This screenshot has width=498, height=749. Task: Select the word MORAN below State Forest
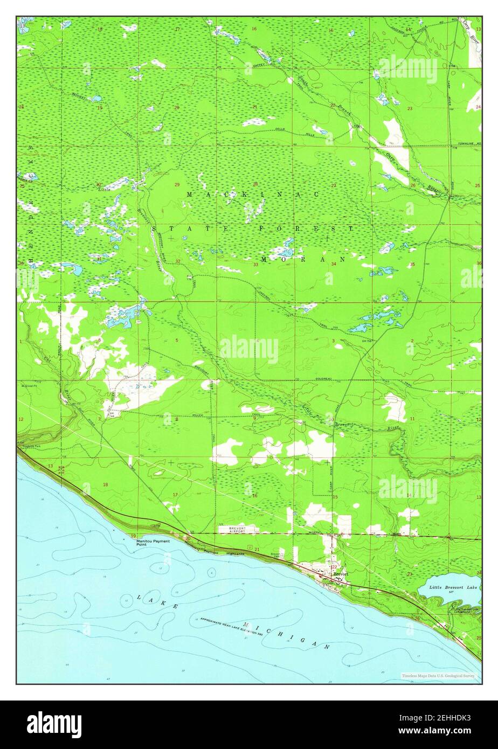point(302,259)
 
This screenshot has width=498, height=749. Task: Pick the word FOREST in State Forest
point(306,228)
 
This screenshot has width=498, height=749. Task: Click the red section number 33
point(255,265)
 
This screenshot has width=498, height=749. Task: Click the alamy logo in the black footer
point(54,724)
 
